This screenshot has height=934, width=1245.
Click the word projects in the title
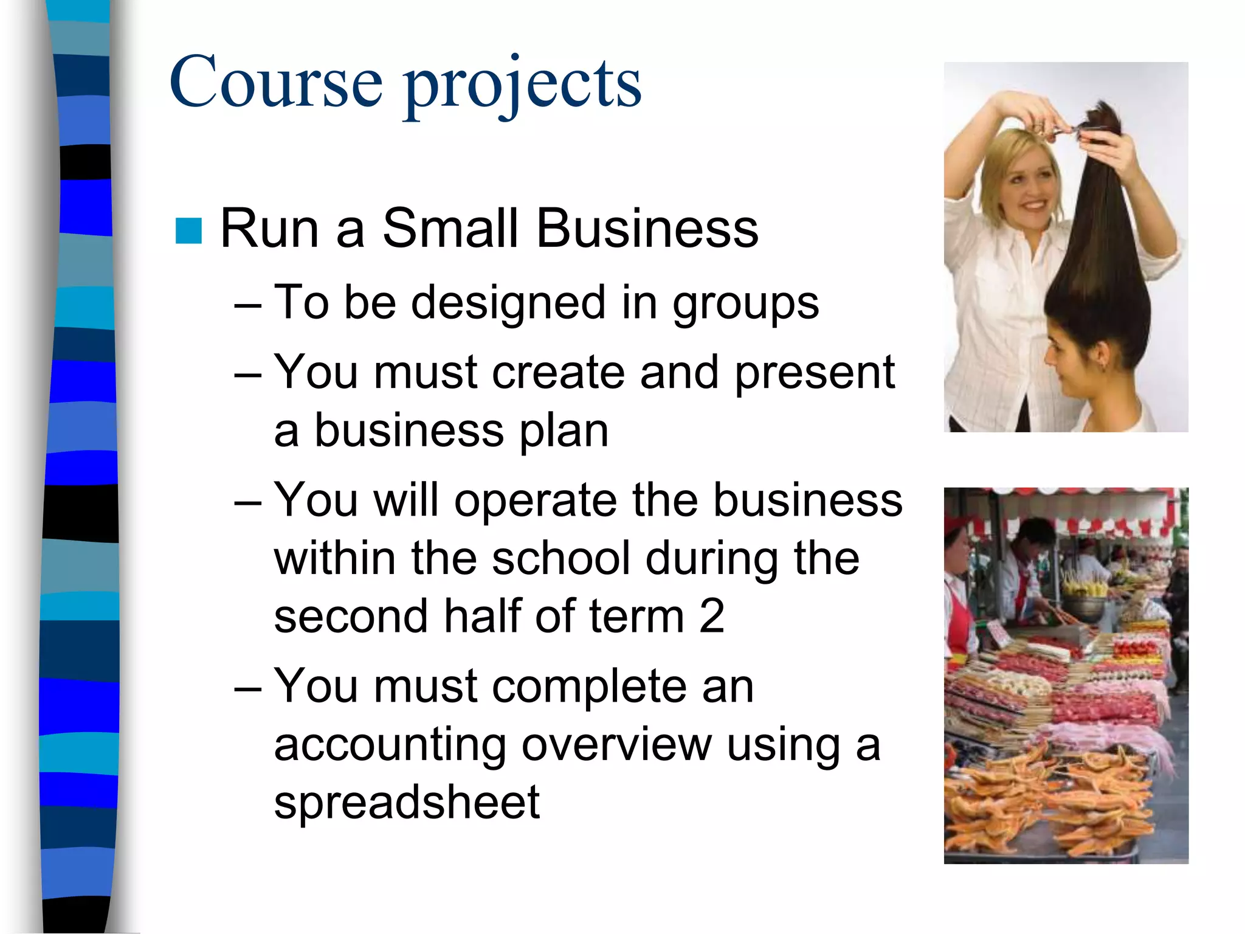pyautogui.click(x=523, y=85)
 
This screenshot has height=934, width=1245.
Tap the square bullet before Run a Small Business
pyautogui.click(x=188, y=230)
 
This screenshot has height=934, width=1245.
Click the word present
pyautogui.click(x=815, y=373)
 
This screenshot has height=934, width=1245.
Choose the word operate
pyautogui.click(x=536, y=500)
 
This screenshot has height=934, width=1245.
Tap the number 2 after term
pyautogui.click(x=711, y=616)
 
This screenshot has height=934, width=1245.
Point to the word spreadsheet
pyautogui.click(x=407, y=802)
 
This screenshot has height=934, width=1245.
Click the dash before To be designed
pyautogui.click(x=248, y=304)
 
